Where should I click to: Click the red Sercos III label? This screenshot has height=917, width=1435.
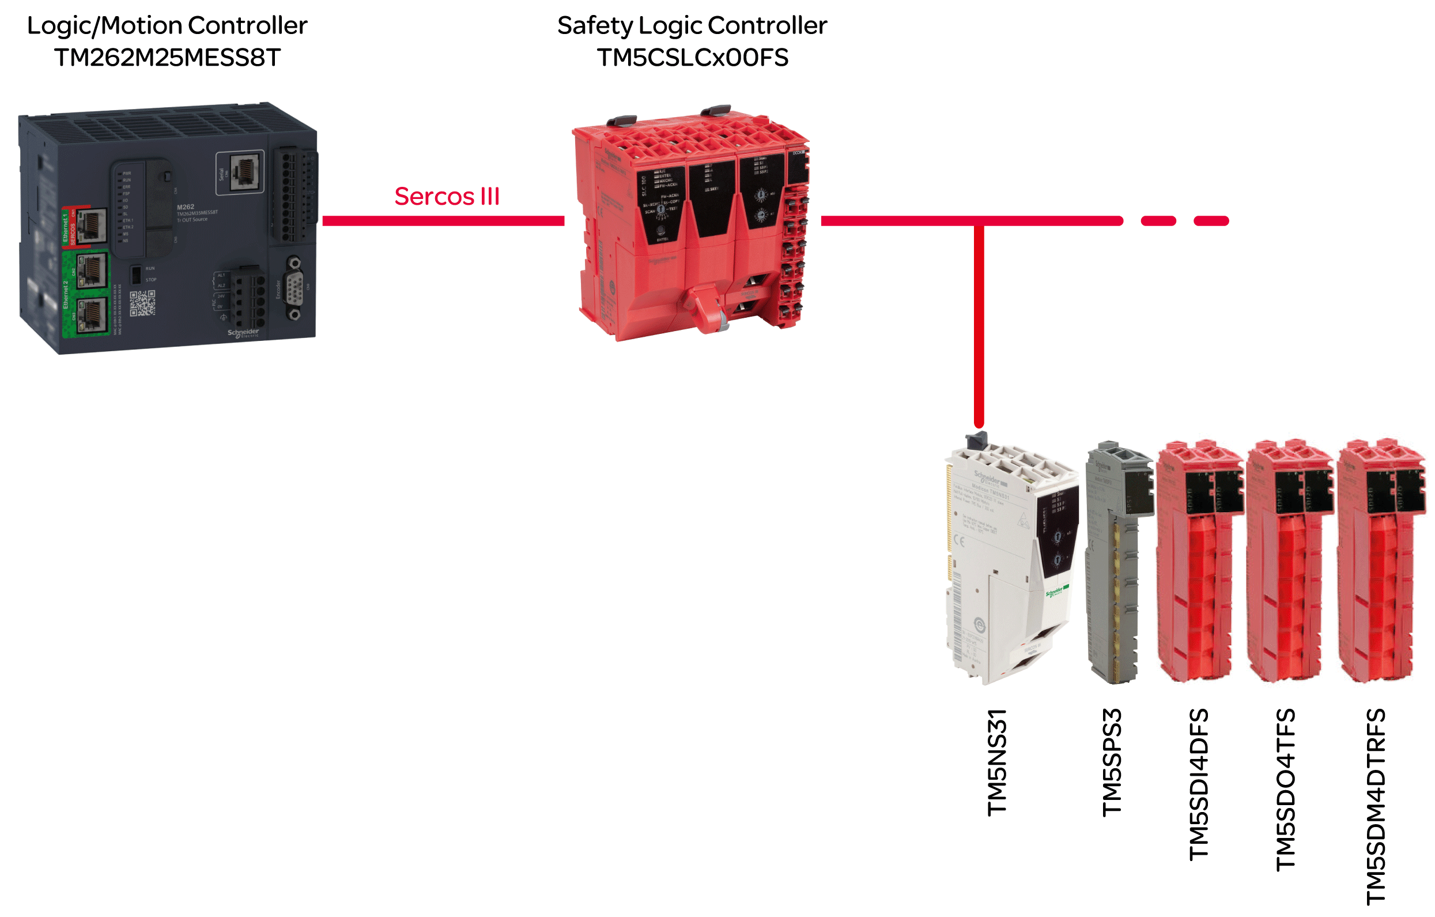(447, 197)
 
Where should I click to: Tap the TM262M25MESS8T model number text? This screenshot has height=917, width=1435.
(168, 58)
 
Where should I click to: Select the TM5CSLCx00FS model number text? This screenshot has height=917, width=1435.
(693, 58)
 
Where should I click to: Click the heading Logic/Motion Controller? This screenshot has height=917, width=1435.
(168, 25)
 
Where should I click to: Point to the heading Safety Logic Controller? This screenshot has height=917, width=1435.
(692, 25)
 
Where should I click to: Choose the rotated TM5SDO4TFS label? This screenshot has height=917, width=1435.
(1285, 790)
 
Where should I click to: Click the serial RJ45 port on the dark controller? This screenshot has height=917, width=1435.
(244, 172)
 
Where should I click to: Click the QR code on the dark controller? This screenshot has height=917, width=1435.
(142, 303)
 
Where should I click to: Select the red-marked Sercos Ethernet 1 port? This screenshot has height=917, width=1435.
(91, 226)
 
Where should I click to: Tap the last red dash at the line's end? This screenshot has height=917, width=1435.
(1211, 221)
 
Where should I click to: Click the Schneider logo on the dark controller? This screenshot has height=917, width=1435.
(243, 333)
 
